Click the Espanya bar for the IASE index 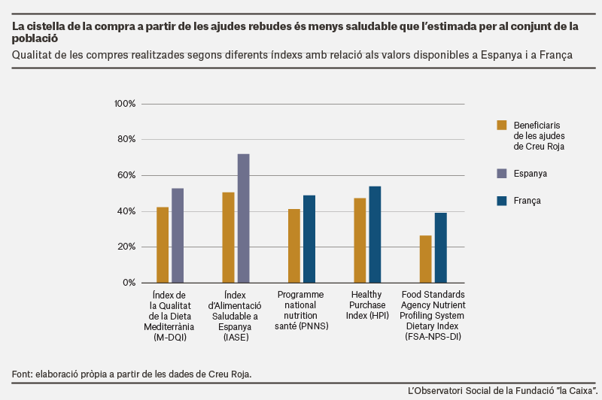pos(243,218)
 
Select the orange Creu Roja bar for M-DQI pos(163,245)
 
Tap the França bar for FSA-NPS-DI pos(441,248)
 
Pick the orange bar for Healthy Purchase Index pos(360,241)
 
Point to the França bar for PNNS pos(309,239)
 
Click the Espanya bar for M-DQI pos(178,235)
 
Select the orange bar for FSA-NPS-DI pos(425,259)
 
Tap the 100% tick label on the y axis pos(125,104)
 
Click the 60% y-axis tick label pos(126,175)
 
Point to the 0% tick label pos(129,283)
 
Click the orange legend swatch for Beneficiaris pos(501,126)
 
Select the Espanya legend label pos(531,174)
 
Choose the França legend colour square pos(501,201)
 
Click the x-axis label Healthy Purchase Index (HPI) pos(367,305)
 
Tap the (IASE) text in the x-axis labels pos(236,337)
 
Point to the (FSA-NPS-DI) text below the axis pos(433,336)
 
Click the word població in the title pos(35,38)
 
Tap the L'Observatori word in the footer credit pos(435,391)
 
